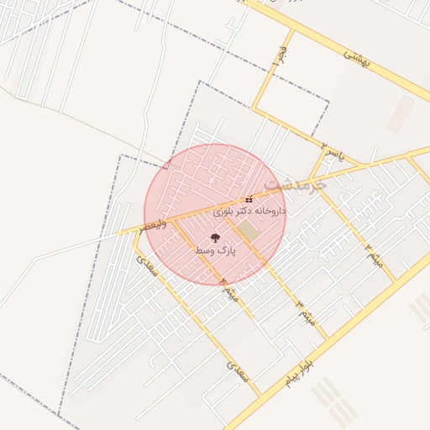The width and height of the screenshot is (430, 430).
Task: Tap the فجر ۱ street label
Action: [x=282, y=58]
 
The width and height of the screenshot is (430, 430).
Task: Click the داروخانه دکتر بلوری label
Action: [x=250, y=211]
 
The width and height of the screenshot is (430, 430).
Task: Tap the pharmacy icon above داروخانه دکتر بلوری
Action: [x=249, y=199]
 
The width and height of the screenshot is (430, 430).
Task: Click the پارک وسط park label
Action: [x=216, y=250]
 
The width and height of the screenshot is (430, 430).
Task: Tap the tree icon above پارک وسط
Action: [x=215, y=238]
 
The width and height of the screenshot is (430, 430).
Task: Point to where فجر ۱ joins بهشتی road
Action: [x=293, y=30]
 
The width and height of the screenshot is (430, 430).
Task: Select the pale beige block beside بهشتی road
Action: [x=401, y=113]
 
